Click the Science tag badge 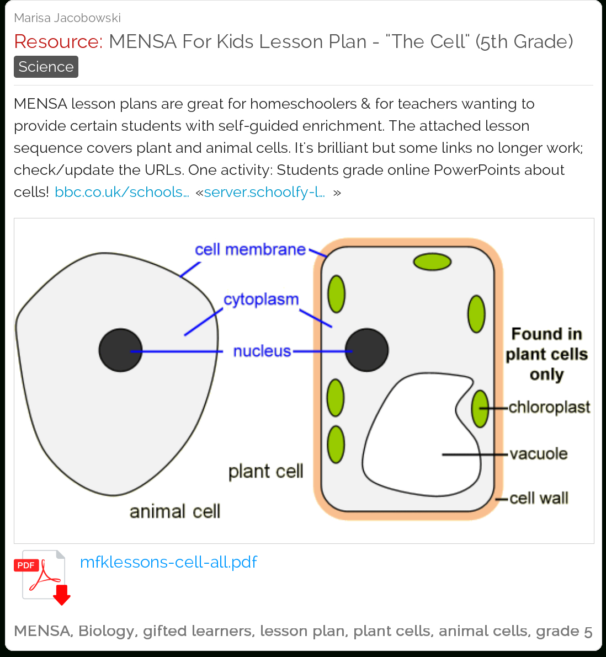pyautogui.click(x=46, y=67)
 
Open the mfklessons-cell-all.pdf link pyautogui.click(x=168, y=562)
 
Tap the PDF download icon pyautogui.click(x=42, y=578)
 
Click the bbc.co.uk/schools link pyautogui.click(x=121, y=192)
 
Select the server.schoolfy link pyautogui.click(x=264, y=192)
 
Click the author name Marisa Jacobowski pyautogui.click(x=67, y=18)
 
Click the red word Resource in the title pyautogui.click(x=59, y=41)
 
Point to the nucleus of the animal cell pyautogui.click(x=121, y=350)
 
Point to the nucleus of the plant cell pyautogui.click(x=366, y=350)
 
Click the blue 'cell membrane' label pyautogui.click(x=250, y=249)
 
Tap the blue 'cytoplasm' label pyautogui.click(x=261, y=300)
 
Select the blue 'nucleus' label pyautogui.click(x=262, y=351)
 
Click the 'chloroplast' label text pyautogui.click(x=549, y=407)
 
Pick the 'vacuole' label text pyautogui.click(x=539, y=453)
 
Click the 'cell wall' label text pyautogui.click(x=539, y=498)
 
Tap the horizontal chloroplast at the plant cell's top pyautogui.click(x=432, y=262)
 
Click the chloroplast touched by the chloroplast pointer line pyautogui.click(x=480, y=409)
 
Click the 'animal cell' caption pyautogui.click(x=175, y=511)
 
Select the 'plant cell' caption pyautogui.click(x=265, y=472)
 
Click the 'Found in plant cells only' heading pyautogui.click(x=546, y=354)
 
